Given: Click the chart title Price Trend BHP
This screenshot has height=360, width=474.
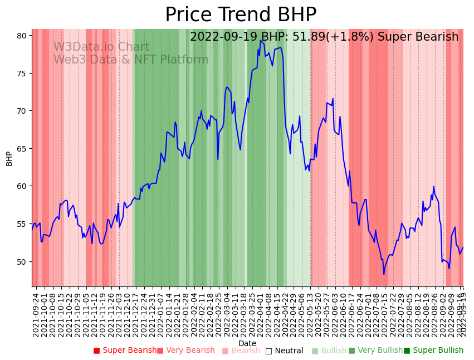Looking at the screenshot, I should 241,14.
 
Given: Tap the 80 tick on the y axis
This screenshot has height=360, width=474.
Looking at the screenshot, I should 22,36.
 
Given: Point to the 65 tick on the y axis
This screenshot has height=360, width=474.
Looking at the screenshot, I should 22,149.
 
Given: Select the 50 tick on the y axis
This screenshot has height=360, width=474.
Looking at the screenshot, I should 22,262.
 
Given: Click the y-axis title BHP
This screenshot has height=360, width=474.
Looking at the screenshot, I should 9,158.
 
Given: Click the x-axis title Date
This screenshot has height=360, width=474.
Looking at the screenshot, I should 247,343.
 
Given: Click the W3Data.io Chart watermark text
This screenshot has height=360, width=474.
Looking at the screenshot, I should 101,47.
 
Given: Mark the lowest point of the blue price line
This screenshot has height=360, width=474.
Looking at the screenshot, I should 384,274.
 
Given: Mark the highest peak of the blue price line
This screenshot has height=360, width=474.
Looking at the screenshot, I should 261,41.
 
